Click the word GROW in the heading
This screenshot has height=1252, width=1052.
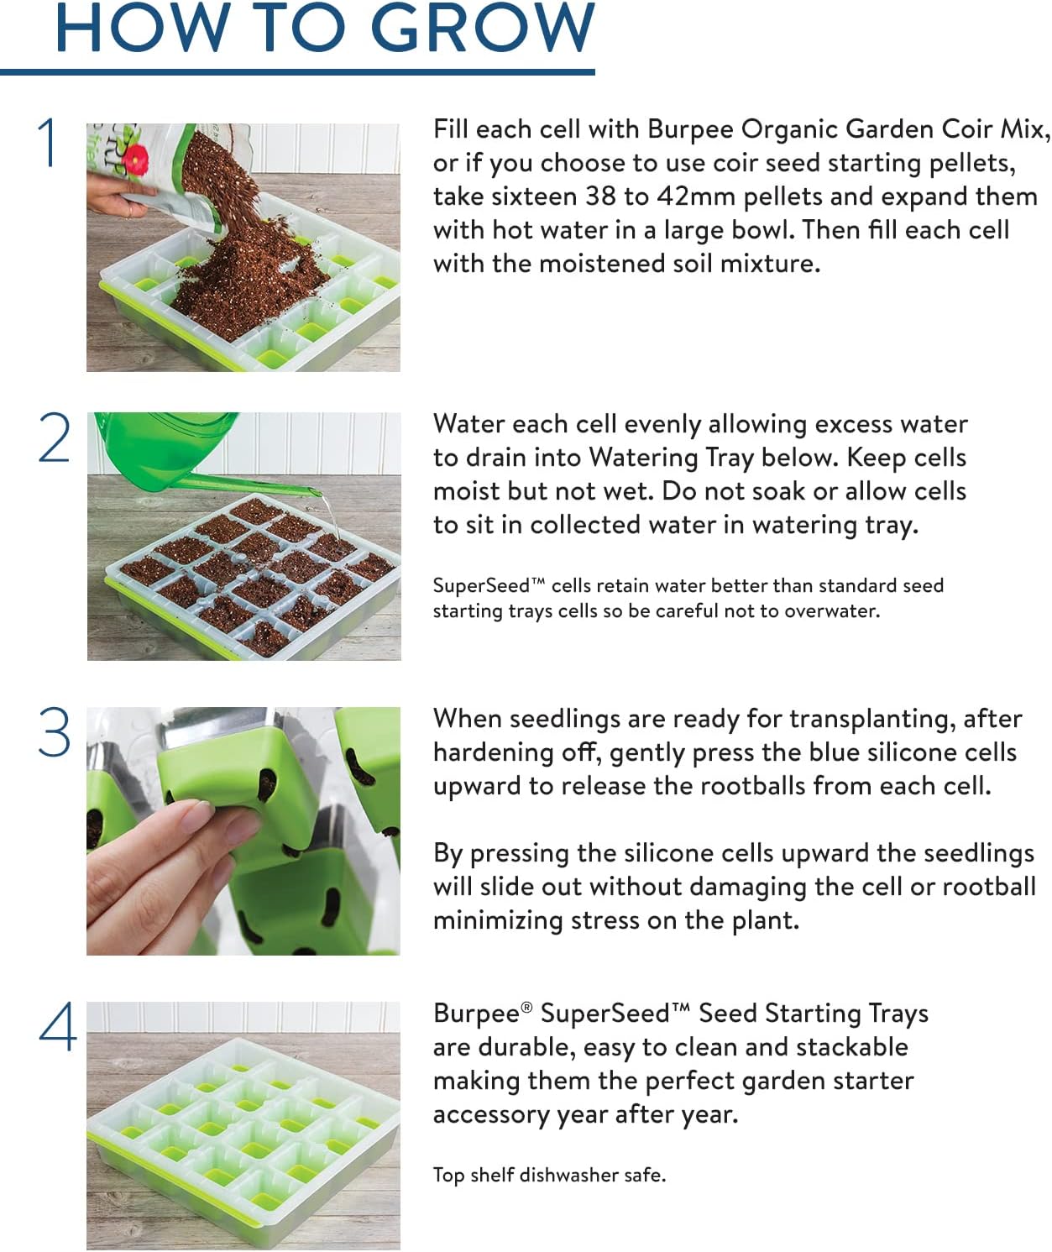[x=482, y=29]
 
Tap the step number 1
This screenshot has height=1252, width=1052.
[x=49, y=143]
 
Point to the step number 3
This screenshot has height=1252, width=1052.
[x=55, y=732]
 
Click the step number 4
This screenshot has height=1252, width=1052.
[x=57, y=1026]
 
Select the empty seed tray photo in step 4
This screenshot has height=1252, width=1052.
[x=243, y=1125]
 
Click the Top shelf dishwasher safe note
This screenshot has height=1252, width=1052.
[x=549, y=1175]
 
